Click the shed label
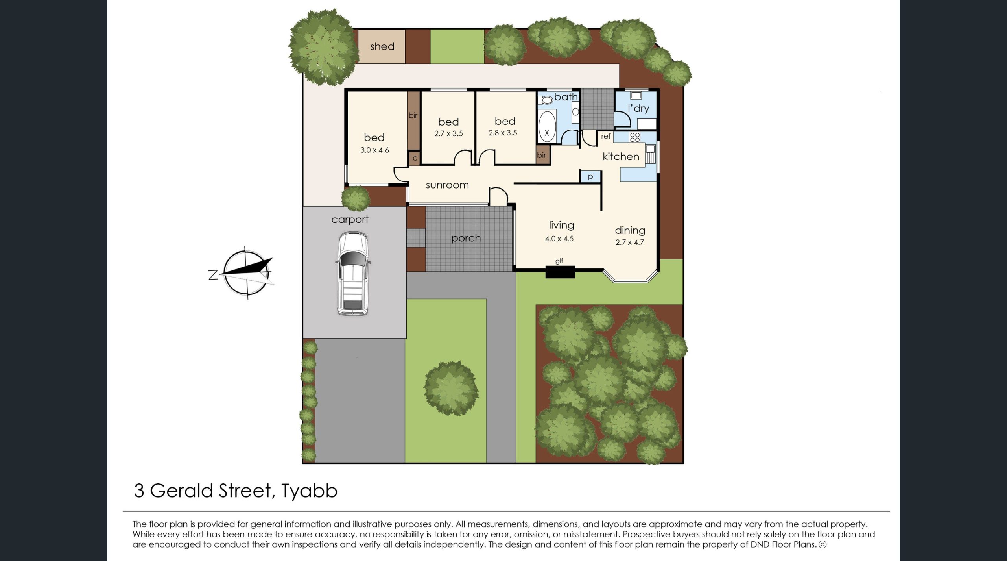click(x=382, y=46)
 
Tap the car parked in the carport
click(x=353, y=274)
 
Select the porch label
click(x=466, y=239)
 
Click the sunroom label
click(x=447, y=185)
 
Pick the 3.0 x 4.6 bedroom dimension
click(x=374, y=150)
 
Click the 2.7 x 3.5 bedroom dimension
click(x=448, y=133)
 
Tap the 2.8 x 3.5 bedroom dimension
click(x=503, y=133)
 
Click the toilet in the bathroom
click(x=546, y=100)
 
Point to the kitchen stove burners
click(x=634, y=137)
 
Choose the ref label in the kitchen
click(x=606, y=136)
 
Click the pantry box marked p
click(x=590, y=177)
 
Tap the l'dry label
click(x=638, y=108)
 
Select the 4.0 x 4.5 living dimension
click(x=559, y=239)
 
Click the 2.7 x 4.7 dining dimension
click(x=629, y=243)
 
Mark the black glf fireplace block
click(x=560, y=272)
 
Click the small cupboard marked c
click(x=415, y=158)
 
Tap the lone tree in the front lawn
click(x=451, y=388)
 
